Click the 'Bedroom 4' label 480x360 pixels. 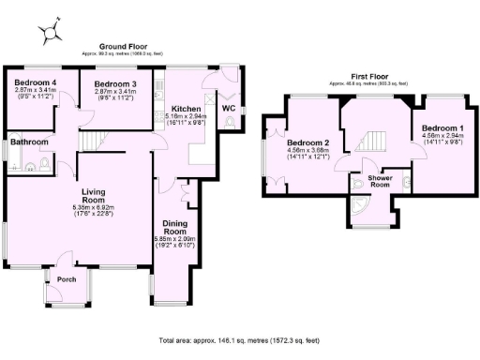point(34,83)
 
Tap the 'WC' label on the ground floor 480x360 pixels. point(228,108)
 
